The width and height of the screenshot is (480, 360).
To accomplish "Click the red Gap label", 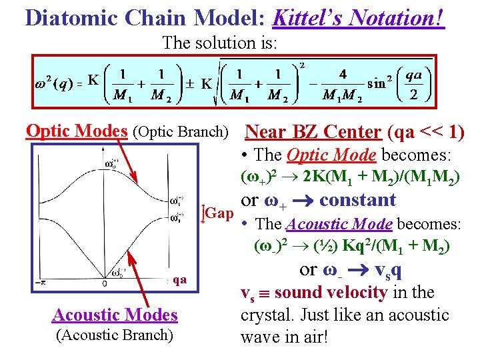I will (x=219, y=214).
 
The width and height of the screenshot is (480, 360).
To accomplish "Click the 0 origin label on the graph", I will (x=105, y=284).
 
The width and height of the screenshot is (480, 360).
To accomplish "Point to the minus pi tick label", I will (x=39, y=283).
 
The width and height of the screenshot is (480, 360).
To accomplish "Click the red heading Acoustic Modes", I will (x=115, y=314).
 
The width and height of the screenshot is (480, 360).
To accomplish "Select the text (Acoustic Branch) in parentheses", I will (x=115, y=335).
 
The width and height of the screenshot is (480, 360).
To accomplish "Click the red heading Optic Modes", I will (x=77, y=131).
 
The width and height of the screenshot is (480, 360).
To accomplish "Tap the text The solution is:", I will (x=220, y=43).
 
